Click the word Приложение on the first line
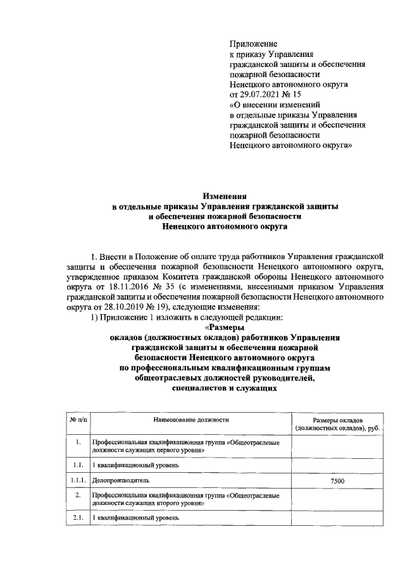(253, 44)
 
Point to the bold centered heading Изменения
(224, 197)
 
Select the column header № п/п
(75, 420)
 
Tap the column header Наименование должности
(190, 420)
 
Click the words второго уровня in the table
(181, 504)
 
